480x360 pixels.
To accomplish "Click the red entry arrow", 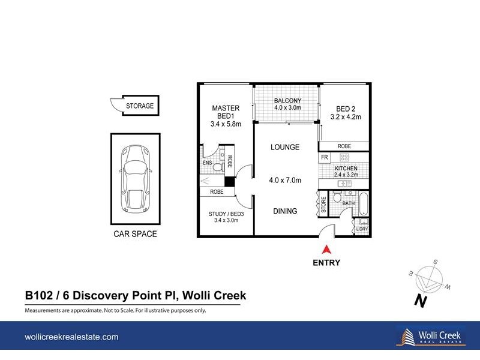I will coord(326,250).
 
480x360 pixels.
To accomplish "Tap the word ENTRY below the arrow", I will coord(326,262).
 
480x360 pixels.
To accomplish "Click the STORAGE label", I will coord(140,106).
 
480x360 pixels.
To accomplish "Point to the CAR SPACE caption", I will coord(135,234).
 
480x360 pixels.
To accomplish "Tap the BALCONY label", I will coord(287,100).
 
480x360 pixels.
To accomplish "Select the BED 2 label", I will coord(345,109).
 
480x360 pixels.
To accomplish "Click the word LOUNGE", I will coord(284,147).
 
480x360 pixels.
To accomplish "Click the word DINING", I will coord(284,211).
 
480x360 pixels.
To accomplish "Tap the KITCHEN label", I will coord(346,169).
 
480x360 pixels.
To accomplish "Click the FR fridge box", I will coord(324,157).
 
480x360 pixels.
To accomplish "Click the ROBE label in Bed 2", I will coord(344,146).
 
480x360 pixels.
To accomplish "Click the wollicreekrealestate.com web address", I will coord(71,337).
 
